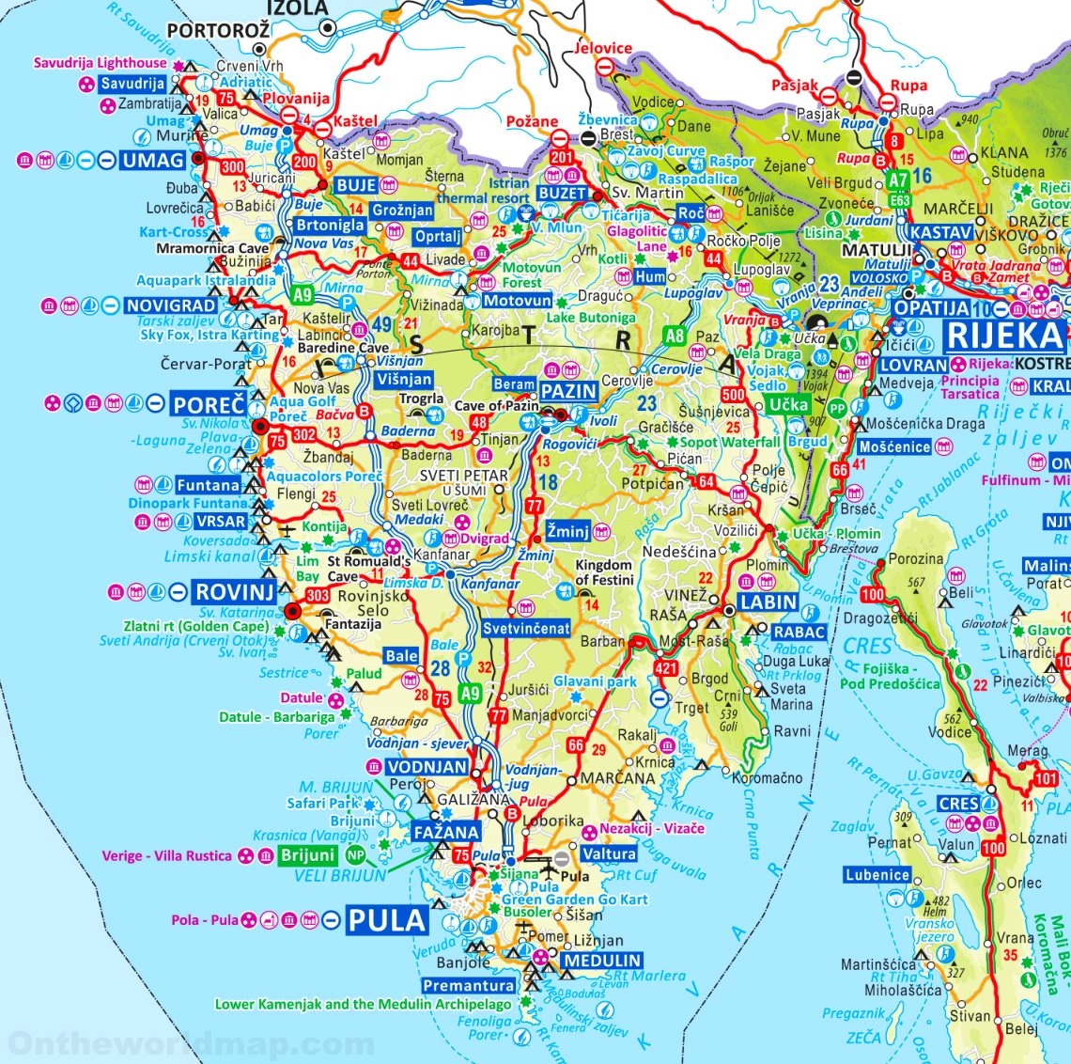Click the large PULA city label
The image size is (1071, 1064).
(387, 920)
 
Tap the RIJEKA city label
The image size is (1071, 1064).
(1004, 335)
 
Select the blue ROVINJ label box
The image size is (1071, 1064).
(234, 592)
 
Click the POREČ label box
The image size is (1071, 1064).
(209, 405)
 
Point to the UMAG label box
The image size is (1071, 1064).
(153, 161)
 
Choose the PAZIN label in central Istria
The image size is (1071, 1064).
(568, 390)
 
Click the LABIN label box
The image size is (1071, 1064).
(768, 602)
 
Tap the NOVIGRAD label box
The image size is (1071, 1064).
(171, 305)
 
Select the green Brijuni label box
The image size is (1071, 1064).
(307, 855)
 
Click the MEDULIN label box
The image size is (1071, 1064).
(601, 961)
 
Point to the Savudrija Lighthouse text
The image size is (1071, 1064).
(101, 63)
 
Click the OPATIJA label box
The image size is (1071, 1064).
(931, 308)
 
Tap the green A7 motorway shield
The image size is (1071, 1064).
(898, 180)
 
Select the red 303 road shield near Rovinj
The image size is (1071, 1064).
(318, 595)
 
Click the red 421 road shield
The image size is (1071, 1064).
(665, 669)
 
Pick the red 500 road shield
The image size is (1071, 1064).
(733, 396)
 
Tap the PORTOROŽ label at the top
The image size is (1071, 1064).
(218, 30)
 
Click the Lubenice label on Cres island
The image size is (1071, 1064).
(877, 875)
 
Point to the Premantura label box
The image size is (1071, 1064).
(469, 986)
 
